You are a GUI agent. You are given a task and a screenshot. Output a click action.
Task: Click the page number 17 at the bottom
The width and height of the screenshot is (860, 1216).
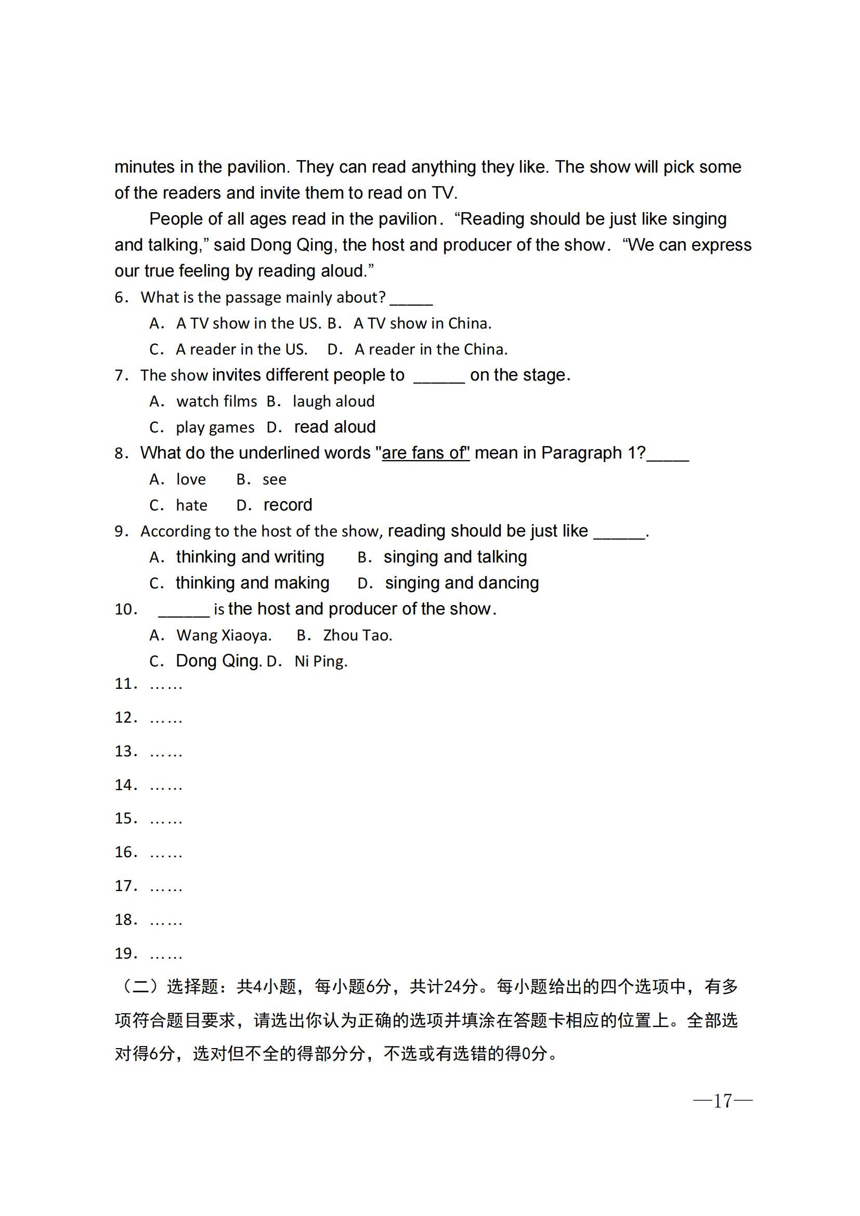[x=722, y=1101]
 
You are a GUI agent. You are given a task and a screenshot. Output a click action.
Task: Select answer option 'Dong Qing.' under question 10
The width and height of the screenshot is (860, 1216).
[x=218, y=661]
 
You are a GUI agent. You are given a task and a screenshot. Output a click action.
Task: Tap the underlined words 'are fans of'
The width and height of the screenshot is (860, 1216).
[x=426, y=453]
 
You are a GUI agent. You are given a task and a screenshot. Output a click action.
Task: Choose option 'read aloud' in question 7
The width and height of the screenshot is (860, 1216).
[x=335, y=427]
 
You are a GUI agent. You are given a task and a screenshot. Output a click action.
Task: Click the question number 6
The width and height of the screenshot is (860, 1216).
[x=121, y=298]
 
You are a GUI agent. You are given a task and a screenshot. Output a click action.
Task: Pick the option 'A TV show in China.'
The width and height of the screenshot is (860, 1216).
[x=422, y=323]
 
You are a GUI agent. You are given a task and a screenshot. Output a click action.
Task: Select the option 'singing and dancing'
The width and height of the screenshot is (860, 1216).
[x=461, y=583]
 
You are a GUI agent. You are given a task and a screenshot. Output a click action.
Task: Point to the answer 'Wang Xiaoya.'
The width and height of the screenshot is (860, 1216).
[x=224, y=635]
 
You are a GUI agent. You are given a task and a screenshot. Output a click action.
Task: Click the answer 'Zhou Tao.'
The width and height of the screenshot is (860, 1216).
[x=357, y=635]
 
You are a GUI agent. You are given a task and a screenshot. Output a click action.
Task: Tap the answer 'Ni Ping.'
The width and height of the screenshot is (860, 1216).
[x=320, y=661]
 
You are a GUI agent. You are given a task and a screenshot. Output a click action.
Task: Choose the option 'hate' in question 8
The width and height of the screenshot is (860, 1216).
[x=191, y=505]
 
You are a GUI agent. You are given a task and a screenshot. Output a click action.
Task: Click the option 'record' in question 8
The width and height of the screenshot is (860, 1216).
[x=288, y=505]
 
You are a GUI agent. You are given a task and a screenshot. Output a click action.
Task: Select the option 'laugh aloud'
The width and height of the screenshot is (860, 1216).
[x=333, y=401]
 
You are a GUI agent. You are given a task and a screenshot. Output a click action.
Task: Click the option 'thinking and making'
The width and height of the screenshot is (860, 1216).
[x=252, y=583]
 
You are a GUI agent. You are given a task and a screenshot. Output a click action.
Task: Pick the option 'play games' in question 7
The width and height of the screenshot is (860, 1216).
[x=214, y=427]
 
